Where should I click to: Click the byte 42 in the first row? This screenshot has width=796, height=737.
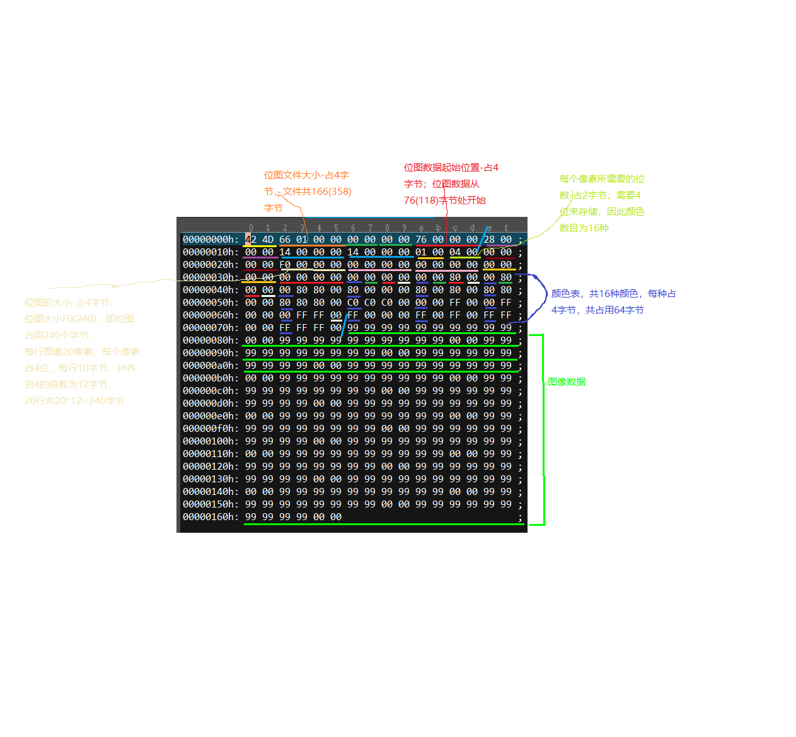[251, 240]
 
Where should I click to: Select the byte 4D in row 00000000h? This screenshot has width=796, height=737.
[268, 240]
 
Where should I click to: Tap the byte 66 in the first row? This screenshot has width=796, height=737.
[285, 240]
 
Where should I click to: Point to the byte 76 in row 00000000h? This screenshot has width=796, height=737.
[421, 240]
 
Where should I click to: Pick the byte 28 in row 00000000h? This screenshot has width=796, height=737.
[489, 240]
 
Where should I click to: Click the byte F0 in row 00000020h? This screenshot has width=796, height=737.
[285, 265]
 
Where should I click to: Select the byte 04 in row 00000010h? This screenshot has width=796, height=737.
[455, 252]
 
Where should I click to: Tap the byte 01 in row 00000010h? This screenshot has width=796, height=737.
[421, 252]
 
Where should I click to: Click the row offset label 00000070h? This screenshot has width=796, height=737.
[211, 328]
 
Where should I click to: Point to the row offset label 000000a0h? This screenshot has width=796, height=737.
[211, 366]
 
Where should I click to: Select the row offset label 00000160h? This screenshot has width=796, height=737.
[211, 517]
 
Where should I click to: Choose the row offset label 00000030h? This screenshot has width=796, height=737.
[211, 277]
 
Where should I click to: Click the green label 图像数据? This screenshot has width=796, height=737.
[567, 382]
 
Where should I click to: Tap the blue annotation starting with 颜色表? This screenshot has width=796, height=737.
[613, 302]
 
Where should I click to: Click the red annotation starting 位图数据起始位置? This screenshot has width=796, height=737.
[451, 184]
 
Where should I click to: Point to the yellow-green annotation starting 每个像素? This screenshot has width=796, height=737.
[601, 204]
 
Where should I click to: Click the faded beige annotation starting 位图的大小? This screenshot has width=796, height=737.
[82, 352]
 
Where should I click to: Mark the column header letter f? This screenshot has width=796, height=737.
[506, 228]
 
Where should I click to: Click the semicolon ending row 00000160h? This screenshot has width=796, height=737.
[520, 518]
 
